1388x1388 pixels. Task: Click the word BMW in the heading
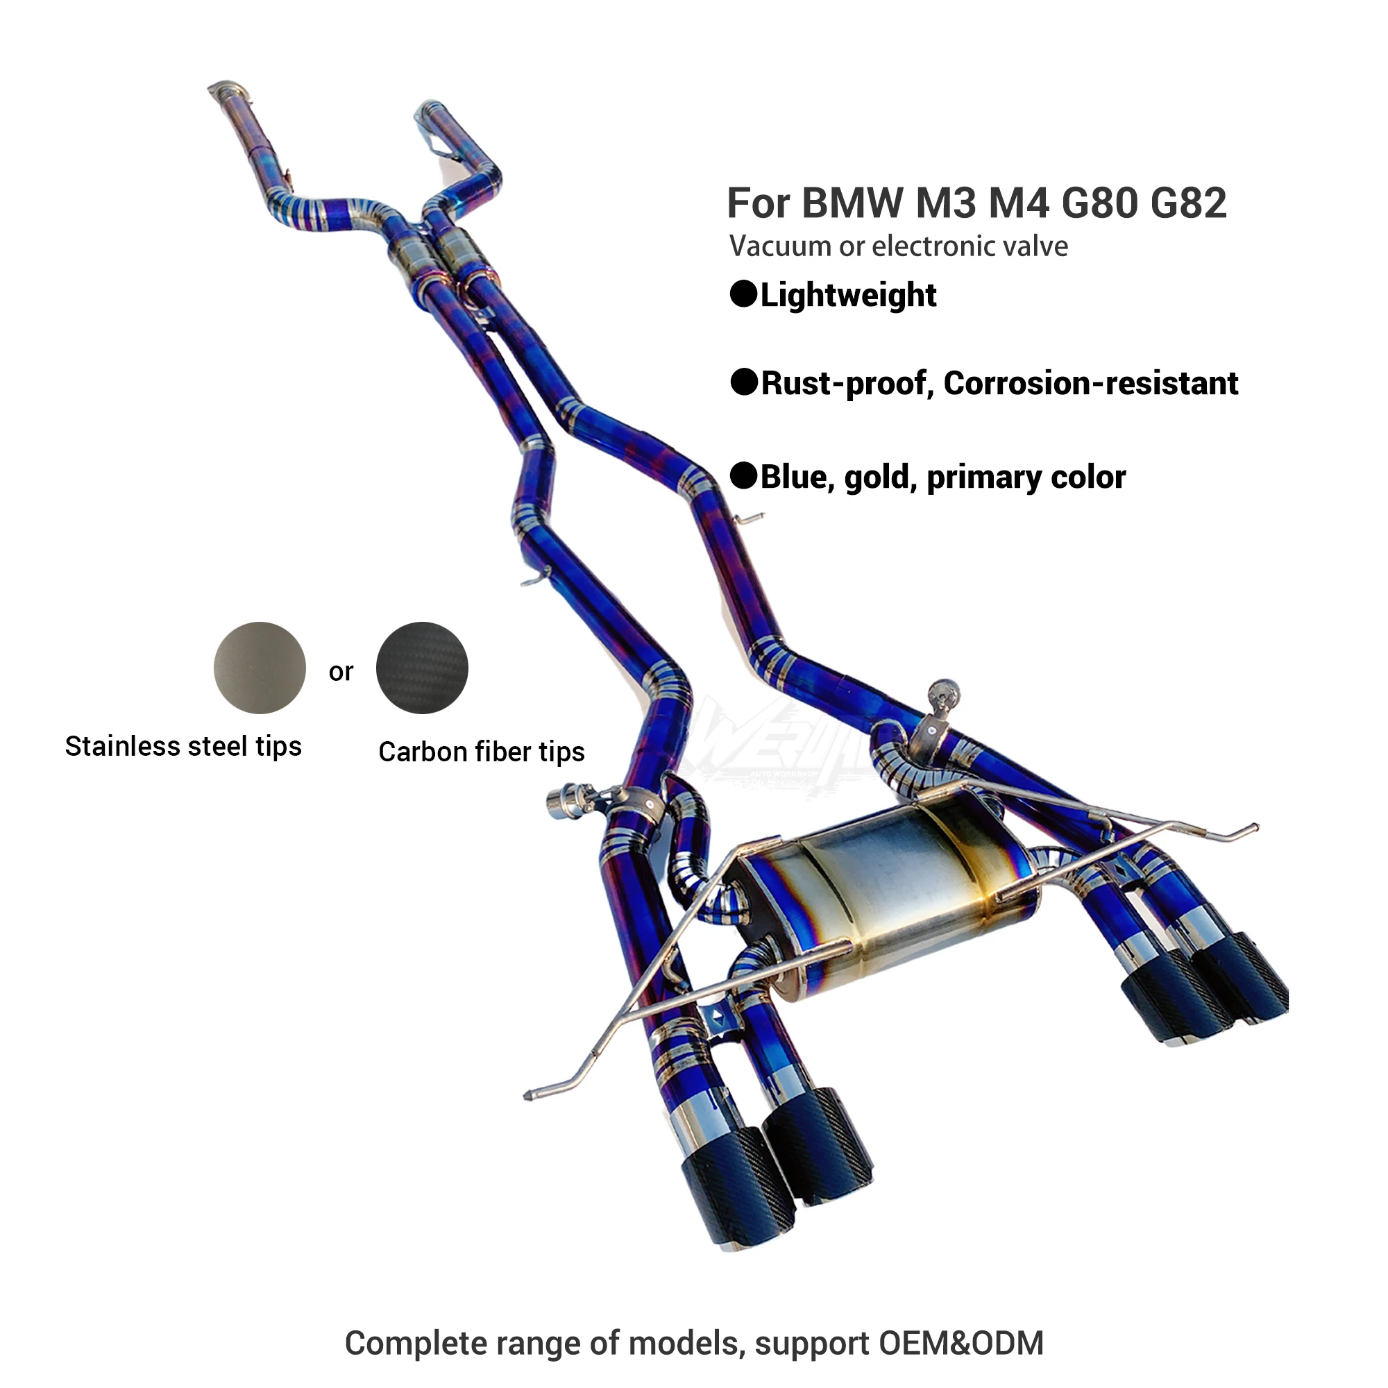coord(852,203)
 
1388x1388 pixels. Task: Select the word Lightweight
coord(848,295)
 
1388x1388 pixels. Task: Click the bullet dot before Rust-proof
coord(743,382)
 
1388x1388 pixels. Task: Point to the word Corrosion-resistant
coord(1090,384)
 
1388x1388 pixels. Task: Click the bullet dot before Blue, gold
coord(743,475)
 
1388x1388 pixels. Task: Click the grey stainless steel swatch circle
coord(260,668)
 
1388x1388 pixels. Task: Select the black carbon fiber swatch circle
coord(422,668)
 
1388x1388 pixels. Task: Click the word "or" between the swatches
coord(341,672)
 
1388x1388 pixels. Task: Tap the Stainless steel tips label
coord(183,747)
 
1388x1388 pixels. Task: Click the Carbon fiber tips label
coord(482,752)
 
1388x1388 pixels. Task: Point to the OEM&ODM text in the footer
coord(960,1343)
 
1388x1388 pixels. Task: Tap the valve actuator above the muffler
coord(942,696)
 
